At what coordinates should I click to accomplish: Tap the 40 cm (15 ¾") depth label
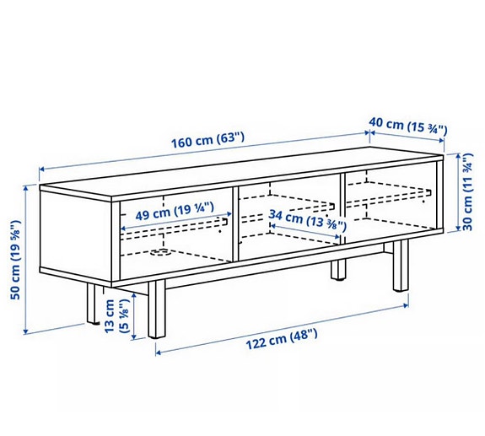[x=407, y=125]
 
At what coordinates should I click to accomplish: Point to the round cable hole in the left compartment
[x=158, y=250]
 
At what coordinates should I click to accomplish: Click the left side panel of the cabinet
[x=76, y=236]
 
